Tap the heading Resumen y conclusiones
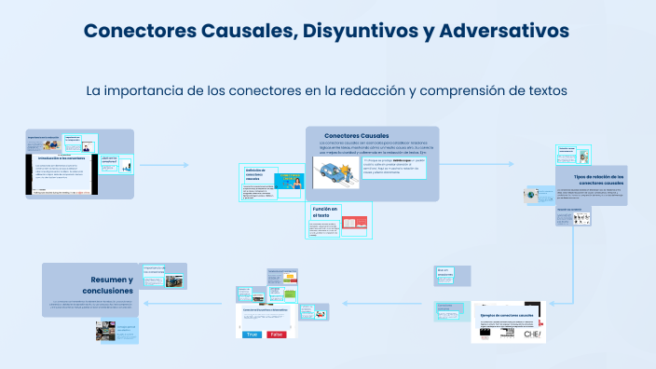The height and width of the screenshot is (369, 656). click(112, 285)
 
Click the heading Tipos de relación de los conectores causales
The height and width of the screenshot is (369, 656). click(598, 179)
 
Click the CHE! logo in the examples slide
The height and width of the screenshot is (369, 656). click(534, 334)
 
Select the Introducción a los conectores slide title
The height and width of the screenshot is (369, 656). click(61, 157)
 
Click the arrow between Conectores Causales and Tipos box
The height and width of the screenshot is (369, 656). click(485, 166)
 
